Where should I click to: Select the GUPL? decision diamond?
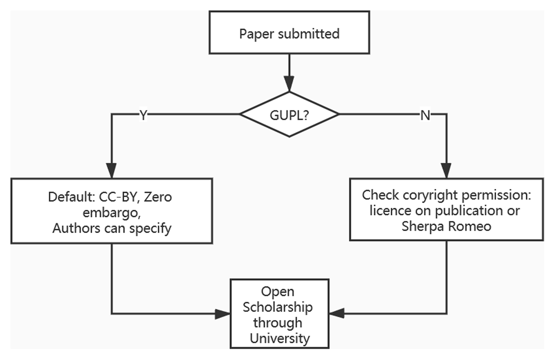(x=289, y=114)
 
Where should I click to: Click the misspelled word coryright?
(x=420, y=195)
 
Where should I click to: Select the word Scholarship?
(x=278, y=307)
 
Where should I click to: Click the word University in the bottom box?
(x=279, y=338)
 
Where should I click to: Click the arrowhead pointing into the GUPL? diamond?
(x=289, y=85)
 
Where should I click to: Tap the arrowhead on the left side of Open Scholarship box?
(x=224, y=314)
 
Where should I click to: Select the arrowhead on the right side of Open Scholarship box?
(x=337, y=314)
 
